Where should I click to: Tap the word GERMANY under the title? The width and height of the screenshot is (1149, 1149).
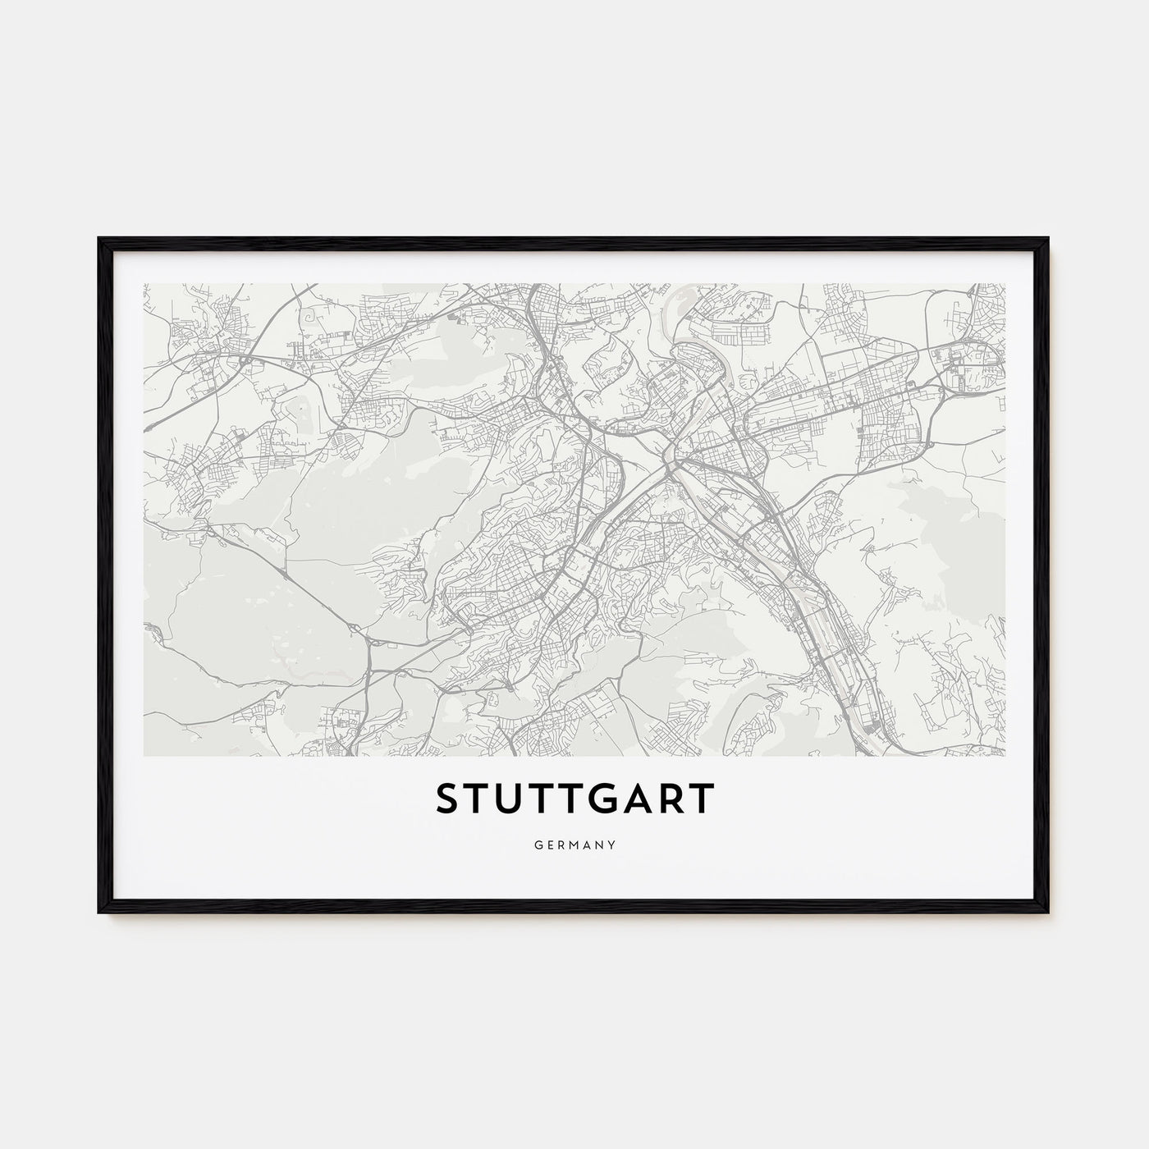574,843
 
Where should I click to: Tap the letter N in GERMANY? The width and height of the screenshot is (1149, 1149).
601,843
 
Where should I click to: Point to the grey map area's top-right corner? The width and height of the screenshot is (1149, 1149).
1005,284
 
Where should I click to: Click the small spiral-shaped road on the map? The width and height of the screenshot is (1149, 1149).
310,315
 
